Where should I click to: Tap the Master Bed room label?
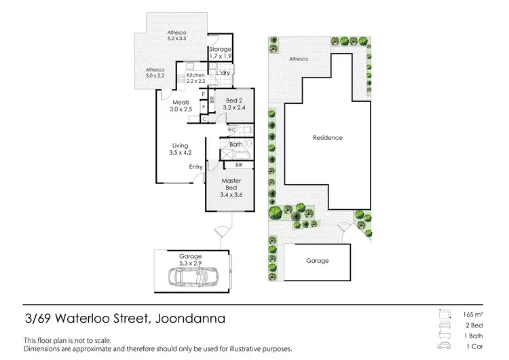pos(231,185)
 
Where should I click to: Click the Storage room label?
pos(220,50)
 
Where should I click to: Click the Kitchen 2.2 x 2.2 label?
pos(197,78)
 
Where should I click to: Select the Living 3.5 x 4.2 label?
pos(180,149)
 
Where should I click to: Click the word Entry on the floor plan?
pos(195,166)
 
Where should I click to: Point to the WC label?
pos(231,128)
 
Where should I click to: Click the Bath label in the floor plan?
pos(235,144)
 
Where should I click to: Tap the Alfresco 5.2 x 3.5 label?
pos(177,36)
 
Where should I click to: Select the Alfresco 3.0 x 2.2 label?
pos(155,72)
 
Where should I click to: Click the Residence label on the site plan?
pos(327,138)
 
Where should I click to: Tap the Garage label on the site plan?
pos(317,261)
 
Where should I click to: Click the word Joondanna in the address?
pos(191,317)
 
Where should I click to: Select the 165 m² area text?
pos(474,315)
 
